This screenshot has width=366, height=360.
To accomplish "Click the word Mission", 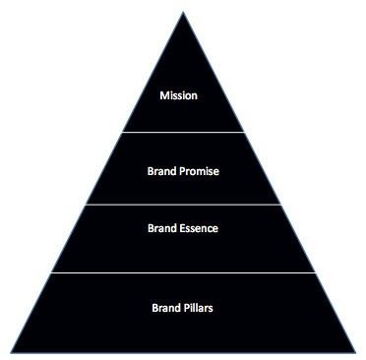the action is point(181,96).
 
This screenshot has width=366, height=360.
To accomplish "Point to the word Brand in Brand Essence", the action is point(162,229).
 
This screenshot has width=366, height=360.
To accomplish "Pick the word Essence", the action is point(200,229).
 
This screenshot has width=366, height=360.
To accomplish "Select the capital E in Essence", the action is point(183,229).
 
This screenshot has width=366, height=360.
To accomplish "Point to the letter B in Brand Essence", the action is point(151,229).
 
